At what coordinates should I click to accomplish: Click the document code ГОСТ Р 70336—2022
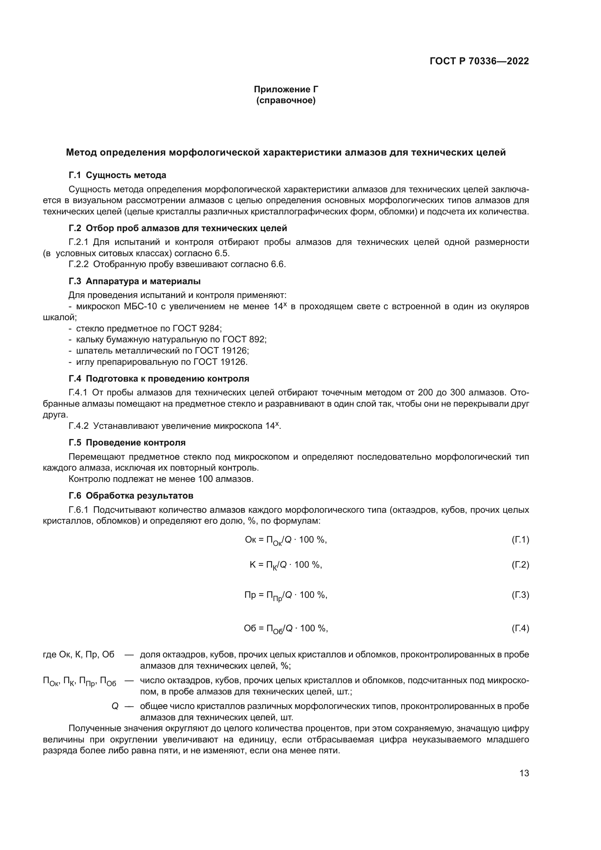479,61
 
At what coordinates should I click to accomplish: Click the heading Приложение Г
286,89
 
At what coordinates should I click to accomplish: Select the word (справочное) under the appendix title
286,101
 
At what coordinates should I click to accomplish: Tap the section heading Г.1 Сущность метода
117,175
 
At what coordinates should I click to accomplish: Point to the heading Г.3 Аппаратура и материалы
134,281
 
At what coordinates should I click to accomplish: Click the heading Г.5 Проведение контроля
127,443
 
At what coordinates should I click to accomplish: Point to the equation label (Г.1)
520,540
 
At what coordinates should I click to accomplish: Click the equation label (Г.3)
520,595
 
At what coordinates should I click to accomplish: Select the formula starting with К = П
286,565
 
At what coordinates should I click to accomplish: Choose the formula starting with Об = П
286,629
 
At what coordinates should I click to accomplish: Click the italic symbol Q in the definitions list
115,706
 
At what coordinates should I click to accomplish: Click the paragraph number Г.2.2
78,264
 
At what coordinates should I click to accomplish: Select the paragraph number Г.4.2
78,426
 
